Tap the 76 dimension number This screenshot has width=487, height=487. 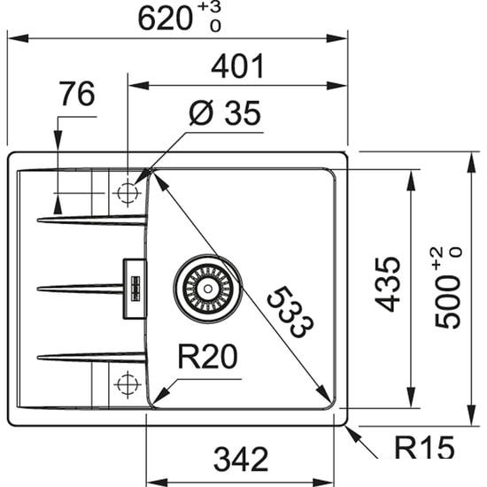[x=77, y=95]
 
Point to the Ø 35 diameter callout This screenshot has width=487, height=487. [x=223, y=113]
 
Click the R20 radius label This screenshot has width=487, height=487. [x=207, y=357]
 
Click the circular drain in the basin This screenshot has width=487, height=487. [x=206, y=288]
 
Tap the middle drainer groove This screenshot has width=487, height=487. [x=80, y=288]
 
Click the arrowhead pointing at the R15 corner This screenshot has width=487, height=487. [x=352, y=431]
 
